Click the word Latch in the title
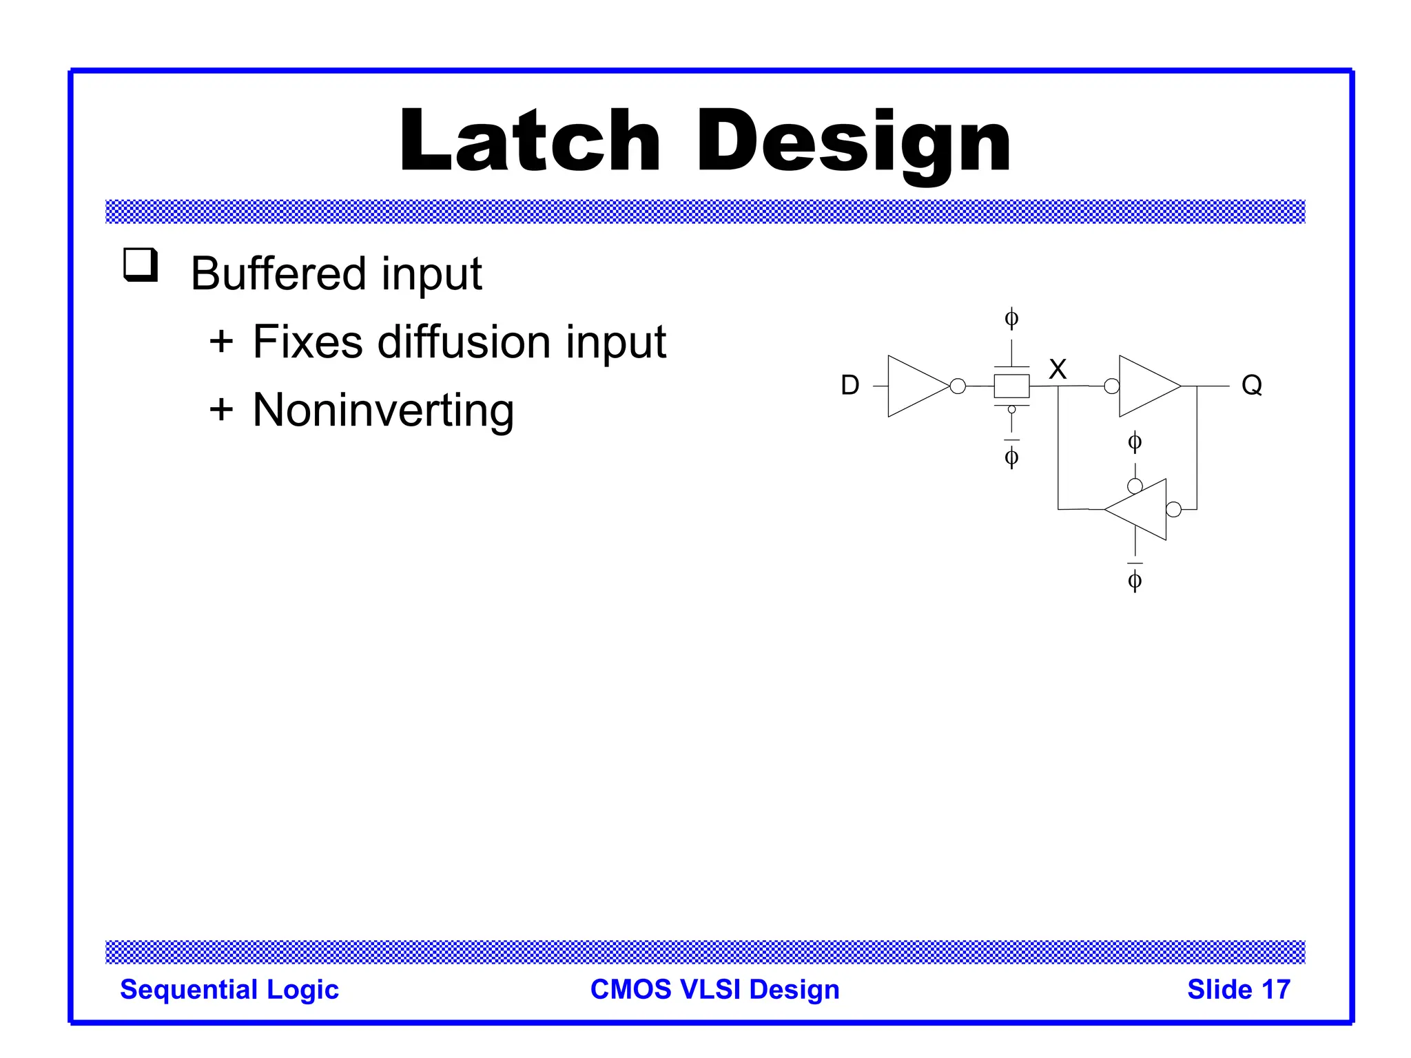point(530,141)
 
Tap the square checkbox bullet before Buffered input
point(141,264)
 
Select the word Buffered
point(278,273)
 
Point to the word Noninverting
point(383,410)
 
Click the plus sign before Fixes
point(221,341)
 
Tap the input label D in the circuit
point(850,385)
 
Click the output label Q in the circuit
point(1251,385)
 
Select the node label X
point(1057,369)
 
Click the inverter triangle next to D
point(914,386)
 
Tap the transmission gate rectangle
point(1011,386)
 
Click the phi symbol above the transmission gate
point(1011,318)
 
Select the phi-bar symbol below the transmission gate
point(1011,455)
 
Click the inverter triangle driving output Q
point(1146,386)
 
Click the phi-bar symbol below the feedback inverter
point(1135,579)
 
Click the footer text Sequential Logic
point(229,989)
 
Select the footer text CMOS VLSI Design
point(714,989)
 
